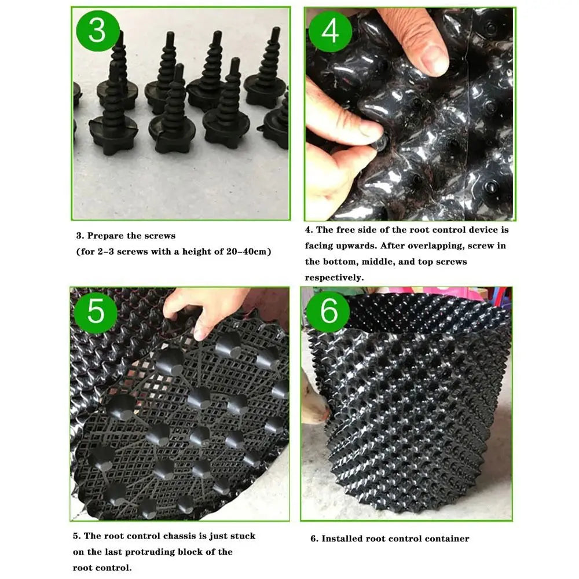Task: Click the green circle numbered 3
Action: tap(97, 30)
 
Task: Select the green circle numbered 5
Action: tap(96, 311)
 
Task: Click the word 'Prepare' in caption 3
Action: tap(106, 236)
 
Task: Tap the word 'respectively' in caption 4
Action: tap(334, 277)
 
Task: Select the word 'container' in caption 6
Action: tap(447, 538)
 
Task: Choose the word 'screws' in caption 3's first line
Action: tap(157, 236)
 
